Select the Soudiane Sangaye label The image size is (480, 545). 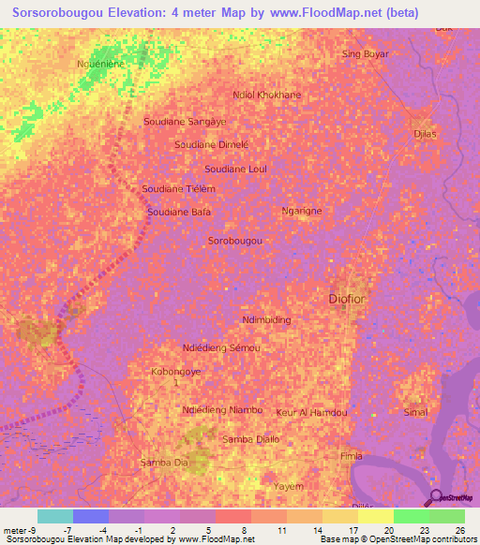tap(185, 122)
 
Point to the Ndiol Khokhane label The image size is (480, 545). tap(266, 95)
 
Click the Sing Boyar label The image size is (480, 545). tap(365, 53)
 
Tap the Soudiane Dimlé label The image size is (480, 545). tap(212, 144)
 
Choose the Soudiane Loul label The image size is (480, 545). tap(236, 169)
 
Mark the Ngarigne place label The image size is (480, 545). tap(302, 211)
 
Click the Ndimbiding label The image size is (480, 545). tap(266, 319)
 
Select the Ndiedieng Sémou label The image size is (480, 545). tap(222, 347)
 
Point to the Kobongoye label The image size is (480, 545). tap(176, 371)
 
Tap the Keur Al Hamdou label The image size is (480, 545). tap(312, 412)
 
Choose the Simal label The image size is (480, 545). tap(414, 412)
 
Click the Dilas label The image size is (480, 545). tap(426, 135)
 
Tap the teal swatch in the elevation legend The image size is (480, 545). tap(55, 516)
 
